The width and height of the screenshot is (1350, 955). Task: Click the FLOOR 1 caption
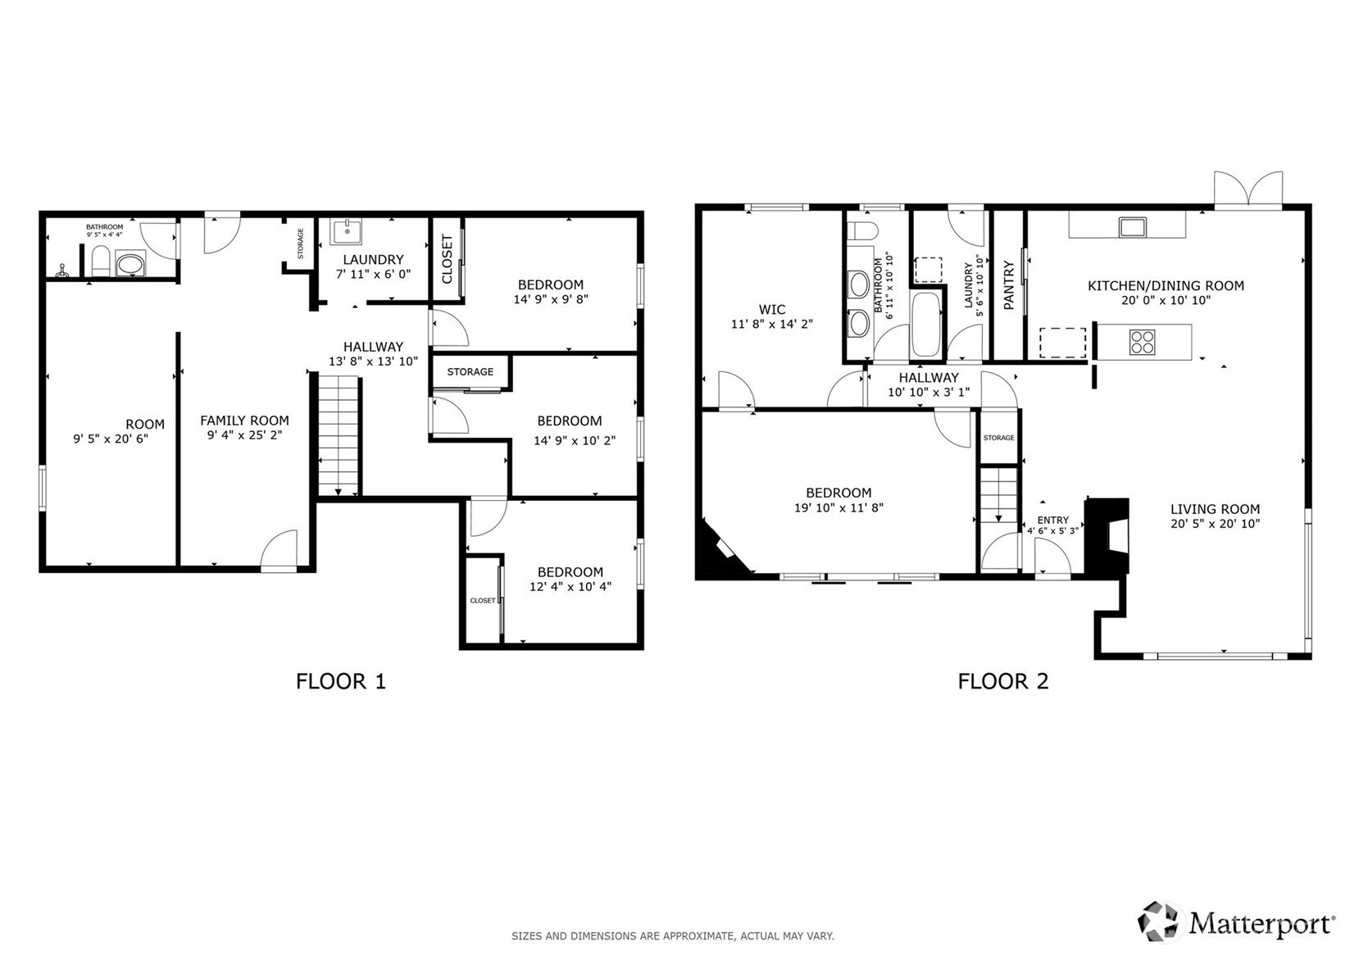tap(340, 681)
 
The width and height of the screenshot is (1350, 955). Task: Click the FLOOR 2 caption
tap(1003, 681)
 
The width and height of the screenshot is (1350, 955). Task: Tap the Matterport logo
tap(1236, 922)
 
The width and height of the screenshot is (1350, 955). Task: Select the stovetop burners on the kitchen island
tap(1143, 342)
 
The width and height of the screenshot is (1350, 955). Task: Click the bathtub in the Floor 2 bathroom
tap(926, 325)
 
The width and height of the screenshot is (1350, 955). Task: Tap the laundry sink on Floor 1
tap(347, 231)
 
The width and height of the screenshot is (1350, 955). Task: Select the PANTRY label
tap(1009, 285)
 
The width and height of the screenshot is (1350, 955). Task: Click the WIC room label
tap(772, 309)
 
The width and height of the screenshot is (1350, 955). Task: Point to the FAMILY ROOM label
tap(245, 421)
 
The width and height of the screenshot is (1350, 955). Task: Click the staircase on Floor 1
tap(339, 436)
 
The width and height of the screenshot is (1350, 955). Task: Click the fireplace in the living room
tap(1107, 534)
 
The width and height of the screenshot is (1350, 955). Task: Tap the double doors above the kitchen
tap(1248, 190)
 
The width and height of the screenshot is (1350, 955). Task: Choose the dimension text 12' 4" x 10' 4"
tap(570, 587)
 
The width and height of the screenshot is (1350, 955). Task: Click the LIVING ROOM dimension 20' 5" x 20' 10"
tap(1216, 524)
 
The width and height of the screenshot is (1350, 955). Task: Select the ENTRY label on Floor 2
tap(1053, 520)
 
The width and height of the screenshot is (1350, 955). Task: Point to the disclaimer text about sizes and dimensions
tap(673, 936)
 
